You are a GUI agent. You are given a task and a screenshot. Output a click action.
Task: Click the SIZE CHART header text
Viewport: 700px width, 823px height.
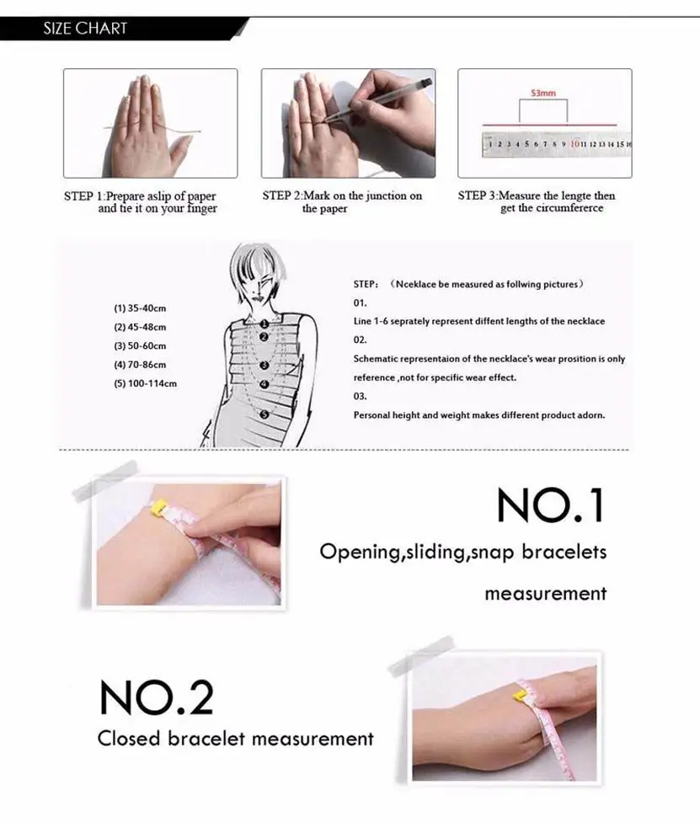(85, 29)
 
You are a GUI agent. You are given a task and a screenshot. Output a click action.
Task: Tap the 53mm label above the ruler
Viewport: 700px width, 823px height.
(542, 94)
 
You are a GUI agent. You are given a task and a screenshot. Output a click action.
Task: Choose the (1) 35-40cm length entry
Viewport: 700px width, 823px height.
(140, 308)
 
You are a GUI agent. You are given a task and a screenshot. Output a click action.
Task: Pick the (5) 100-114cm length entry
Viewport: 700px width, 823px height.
(145, 383)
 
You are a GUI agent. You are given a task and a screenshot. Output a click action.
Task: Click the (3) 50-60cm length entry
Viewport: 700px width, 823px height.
(140, 346)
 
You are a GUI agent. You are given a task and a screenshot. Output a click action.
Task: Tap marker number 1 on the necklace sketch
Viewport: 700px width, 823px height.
(264, 323)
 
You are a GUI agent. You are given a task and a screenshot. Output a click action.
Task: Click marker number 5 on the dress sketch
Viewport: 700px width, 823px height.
(264, 414)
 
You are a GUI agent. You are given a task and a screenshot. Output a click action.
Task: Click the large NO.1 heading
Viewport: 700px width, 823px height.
(550, 506)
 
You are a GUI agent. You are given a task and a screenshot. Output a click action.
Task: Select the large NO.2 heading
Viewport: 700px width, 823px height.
(156, 697)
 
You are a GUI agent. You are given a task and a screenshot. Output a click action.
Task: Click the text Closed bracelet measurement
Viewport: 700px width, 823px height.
(235, 739)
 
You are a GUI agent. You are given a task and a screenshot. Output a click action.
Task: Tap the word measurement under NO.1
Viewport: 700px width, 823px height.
(545, 593)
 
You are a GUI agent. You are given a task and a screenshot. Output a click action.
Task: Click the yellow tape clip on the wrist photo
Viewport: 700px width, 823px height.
(158, 508)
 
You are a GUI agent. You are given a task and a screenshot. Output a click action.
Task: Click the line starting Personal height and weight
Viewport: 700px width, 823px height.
(478, 415)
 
